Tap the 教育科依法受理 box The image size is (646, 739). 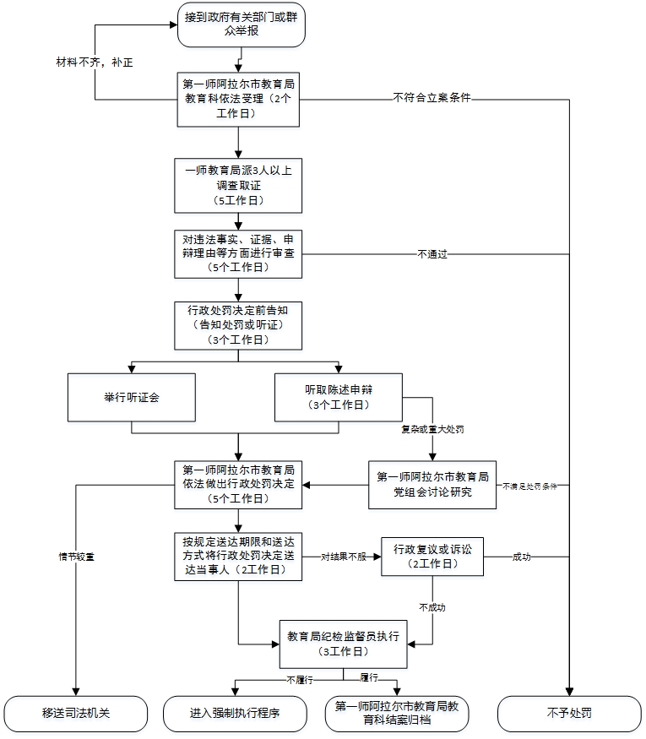tap(238, 98)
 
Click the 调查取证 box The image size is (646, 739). tap(238, 185)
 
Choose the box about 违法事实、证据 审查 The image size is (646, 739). tap(238, 253)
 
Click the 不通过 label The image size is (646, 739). tap(432, 253)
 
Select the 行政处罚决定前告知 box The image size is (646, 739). tap(238, 324)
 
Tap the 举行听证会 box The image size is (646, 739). tap(132, 396)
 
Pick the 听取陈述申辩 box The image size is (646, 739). tap(338, 396)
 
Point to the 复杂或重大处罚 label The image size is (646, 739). tap(432, 429)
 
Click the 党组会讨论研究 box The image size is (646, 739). tap(432, 484)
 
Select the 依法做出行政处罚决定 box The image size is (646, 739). tap(238, 484)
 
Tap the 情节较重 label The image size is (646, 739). tap(76, 557)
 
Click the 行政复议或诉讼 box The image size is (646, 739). tap(432, 556)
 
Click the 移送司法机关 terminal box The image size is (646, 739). tap(77, 713)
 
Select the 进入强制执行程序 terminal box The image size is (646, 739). tap(234, 713)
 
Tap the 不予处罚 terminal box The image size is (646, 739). tap(569, 713)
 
